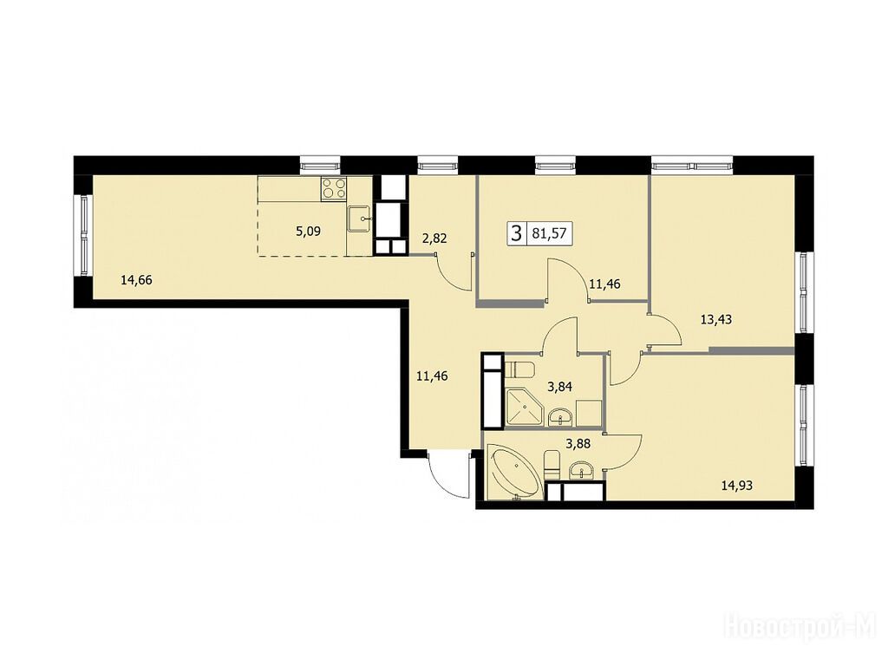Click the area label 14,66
tap(136, 279)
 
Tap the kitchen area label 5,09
tap(309, 231)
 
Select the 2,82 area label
tap(434, 238)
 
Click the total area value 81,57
tap(549, 232)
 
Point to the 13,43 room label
tap(715, 319)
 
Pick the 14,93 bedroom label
tap(737, 485)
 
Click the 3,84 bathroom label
tap(559, 388)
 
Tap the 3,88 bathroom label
tap(578, 444)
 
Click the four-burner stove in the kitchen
tap(334, 188)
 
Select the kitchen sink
tap(360, 219)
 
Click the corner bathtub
tap(514, 473)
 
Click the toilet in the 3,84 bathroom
tap(519, 369)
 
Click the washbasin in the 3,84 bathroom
tap(561, 418)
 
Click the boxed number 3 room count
tap(516, 232)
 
